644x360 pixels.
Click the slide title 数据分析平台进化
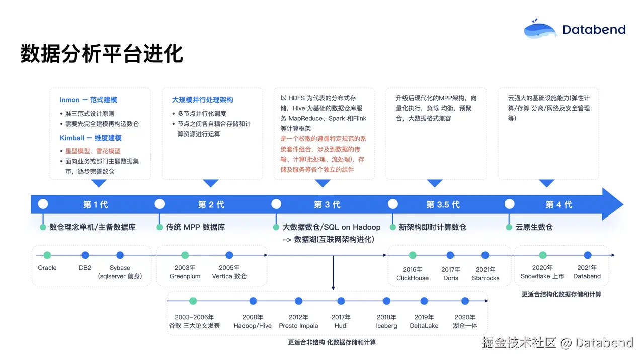click(101, 53)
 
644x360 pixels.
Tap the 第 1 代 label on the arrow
click(95, 204)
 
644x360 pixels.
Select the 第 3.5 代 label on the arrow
click(443, 204)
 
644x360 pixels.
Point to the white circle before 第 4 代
click(510, 204)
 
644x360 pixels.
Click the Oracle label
click(47, 268)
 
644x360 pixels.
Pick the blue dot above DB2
click(85, 255)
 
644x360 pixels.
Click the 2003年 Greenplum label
click(185, 272)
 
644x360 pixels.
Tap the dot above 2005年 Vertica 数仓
click(229, 255)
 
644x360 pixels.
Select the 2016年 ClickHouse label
click(413, 274)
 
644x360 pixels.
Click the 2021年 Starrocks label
click(486, 274)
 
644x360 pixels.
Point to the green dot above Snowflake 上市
click(543, 255)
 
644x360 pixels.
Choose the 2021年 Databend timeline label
click(587, 272)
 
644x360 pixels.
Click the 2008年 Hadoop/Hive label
click(253, 321)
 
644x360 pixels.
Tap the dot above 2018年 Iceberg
click(386, 301)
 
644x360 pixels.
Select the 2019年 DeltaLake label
click(424, 321)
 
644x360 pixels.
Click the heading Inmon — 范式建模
click(89, 100)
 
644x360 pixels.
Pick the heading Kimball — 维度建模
click(91, 138)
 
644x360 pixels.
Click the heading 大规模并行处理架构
click(202, 100)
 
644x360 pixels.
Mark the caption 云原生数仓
click(534, 227)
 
